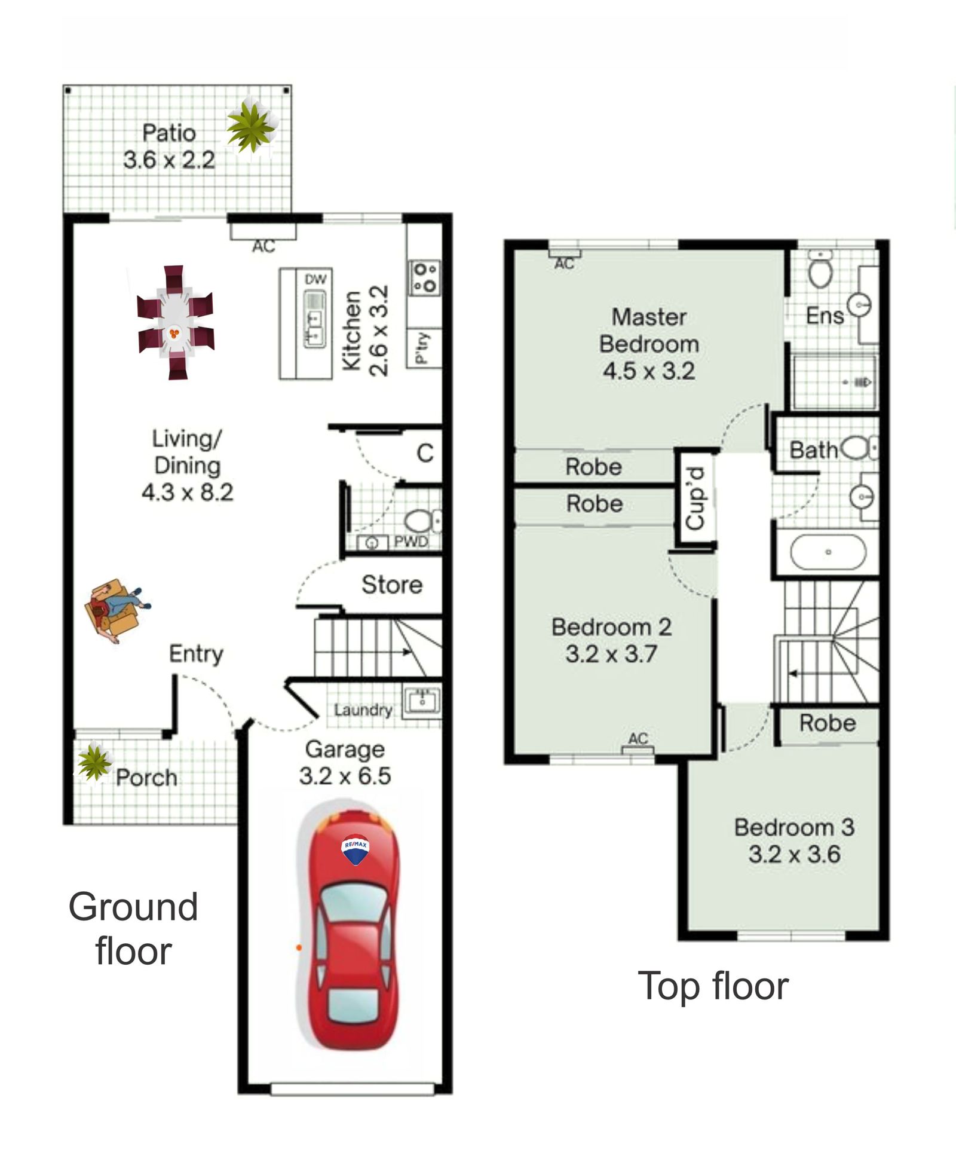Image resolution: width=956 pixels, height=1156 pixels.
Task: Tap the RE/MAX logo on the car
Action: coord(355,849)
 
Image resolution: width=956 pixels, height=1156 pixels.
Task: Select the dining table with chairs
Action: coord(176,323)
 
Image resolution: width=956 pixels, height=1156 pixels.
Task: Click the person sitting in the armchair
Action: coord(117,609)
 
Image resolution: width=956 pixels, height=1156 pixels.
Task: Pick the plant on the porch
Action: coord(94,762)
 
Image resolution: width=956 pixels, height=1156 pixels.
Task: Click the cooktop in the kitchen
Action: coord(425,278)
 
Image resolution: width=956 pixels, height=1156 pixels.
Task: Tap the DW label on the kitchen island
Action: coord(315,279)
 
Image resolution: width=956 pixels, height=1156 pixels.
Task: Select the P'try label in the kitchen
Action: coord(422,348)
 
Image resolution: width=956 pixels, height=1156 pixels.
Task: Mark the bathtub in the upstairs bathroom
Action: coord(828,552)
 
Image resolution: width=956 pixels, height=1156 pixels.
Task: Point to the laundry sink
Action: coord(422,701)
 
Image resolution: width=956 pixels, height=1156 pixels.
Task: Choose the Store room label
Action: coord(392,585)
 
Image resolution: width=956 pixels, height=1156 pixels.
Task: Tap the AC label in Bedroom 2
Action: coord(638,738)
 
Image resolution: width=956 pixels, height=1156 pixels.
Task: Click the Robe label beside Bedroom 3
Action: coord(828,723)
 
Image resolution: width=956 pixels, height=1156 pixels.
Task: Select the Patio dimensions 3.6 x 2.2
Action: coord(169,160)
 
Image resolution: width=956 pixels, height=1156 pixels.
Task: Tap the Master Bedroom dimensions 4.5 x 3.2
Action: coord(649,371)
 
